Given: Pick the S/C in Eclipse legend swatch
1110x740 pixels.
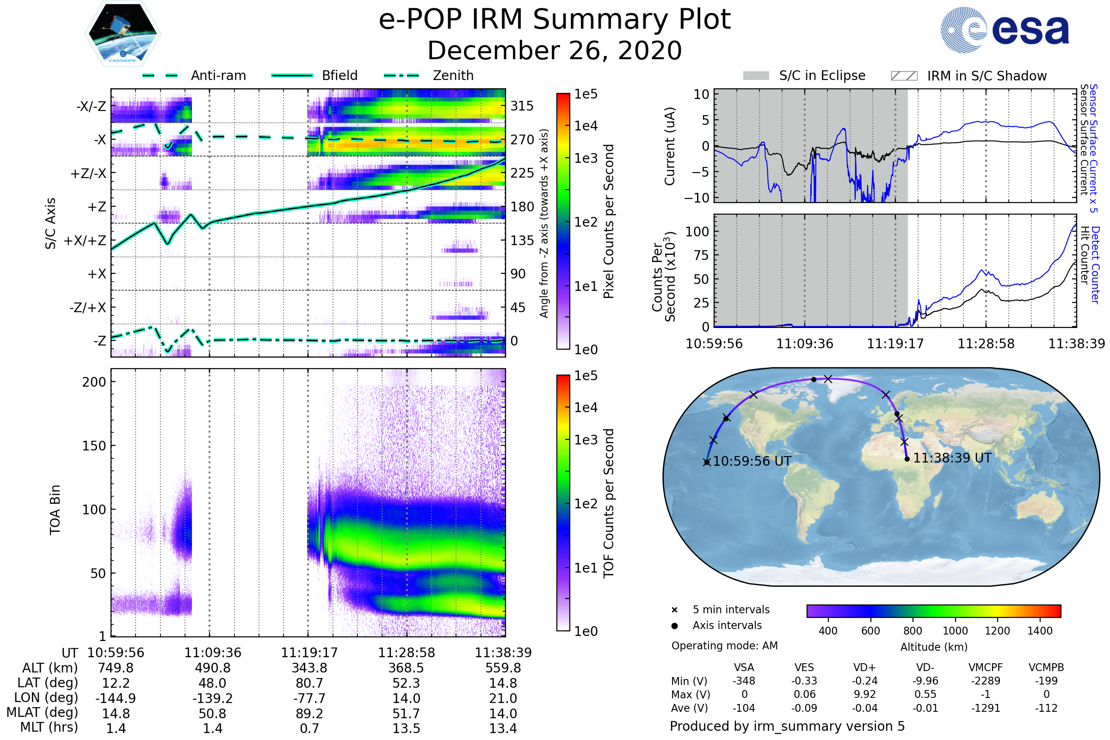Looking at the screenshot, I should pyautogui.click(x=756, y=76).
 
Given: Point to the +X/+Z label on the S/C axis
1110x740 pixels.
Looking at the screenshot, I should pyautogui.click(x=85, y=240).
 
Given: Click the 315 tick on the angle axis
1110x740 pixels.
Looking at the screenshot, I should pyautogui.click(x=522, y=106).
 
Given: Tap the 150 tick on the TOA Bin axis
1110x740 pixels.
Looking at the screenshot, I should pyautogui.click(x=94, y=446).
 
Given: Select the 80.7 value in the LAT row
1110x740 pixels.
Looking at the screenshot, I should pyautogui.click(x=309, y=683).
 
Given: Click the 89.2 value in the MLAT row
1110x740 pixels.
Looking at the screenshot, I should pyautogui.click(x=309, y=714).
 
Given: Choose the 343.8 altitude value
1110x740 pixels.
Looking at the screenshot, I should pyautogui.click(x=309, y=668).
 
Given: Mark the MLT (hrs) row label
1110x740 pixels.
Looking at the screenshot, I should pyautogui.click(x=49, y=727).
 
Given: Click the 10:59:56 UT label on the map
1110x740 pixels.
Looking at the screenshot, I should pyautogui.click(x=752, y=461).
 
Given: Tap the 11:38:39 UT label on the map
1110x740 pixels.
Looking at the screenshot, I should pyautogui.click(x=952, y=458).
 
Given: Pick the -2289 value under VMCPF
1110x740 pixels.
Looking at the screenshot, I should pyautogui.click(x=986, y=681).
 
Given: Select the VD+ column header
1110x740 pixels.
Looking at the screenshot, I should pyautogui.click(x=864, y=667).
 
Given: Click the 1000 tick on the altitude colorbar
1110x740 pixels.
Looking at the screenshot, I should pyautogui.click(x=955, y=631).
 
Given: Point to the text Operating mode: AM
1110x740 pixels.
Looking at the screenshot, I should pyautogui.click(x=724, y=646).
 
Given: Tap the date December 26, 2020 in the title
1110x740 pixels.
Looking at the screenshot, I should pyautogui.click(x=555, y=50).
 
